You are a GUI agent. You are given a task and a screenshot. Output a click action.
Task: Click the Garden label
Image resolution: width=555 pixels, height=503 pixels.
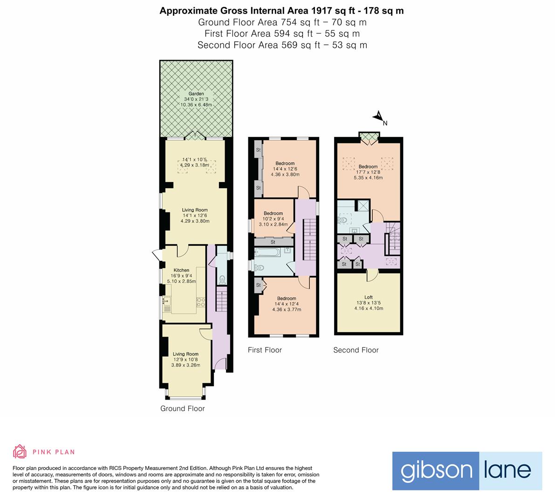(196, 94)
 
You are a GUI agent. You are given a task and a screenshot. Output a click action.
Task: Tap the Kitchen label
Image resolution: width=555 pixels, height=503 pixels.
(181, 270)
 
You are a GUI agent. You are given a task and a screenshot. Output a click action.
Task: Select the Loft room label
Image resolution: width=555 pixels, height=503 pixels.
(368, 297)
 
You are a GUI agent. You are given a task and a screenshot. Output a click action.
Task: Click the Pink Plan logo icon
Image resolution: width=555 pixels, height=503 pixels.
(20, 451)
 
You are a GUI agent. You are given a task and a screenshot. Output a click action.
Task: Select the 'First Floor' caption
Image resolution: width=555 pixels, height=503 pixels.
(265, 350)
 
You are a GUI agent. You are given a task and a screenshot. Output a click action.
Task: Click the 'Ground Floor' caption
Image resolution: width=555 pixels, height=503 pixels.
(182, 408)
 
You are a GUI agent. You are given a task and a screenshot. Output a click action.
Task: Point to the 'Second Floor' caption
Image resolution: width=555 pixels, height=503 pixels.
(356, 350)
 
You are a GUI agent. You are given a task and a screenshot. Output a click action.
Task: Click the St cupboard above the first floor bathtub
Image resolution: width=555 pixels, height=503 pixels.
(273, 242)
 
